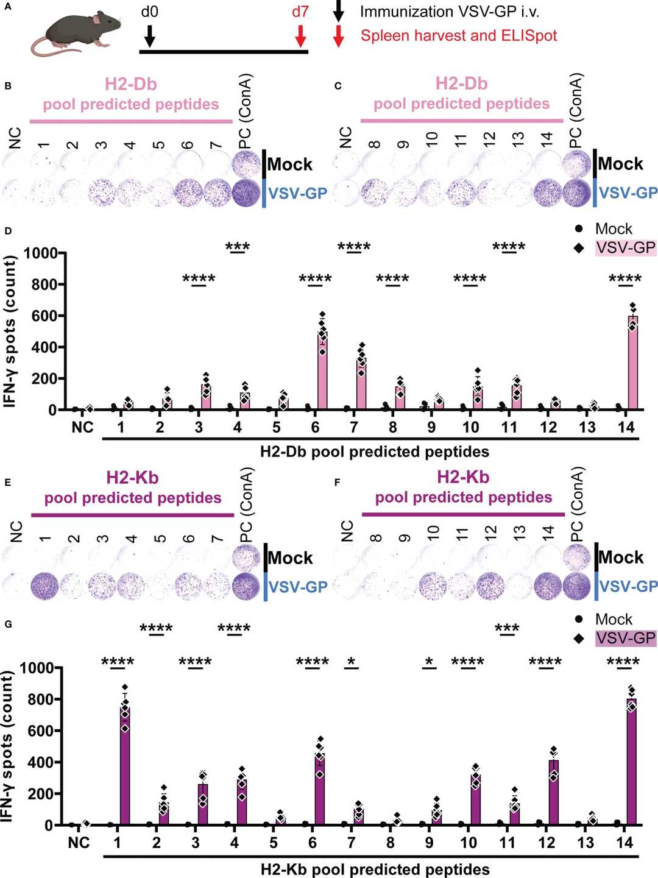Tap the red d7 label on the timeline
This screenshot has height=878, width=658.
300,12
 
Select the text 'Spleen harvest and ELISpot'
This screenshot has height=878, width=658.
458,35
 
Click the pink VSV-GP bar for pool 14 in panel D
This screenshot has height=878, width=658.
633,366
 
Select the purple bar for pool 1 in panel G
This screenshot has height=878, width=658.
125,768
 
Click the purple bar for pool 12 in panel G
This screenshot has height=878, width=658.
553,792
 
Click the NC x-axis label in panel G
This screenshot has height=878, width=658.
79,843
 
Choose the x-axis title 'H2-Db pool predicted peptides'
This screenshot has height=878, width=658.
374,452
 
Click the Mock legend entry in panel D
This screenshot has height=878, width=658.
613,229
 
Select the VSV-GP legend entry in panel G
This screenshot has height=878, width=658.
625,638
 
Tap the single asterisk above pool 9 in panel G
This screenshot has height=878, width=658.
429,662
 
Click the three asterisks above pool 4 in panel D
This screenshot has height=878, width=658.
237,247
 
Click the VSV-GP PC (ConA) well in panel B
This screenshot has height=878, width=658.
246,193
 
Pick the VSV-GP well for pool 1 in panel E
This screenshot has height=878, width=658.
44,587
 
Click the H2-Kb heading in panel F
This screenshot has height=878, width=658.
463,477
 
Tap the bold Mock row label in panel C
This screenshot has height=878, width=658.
620,164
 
